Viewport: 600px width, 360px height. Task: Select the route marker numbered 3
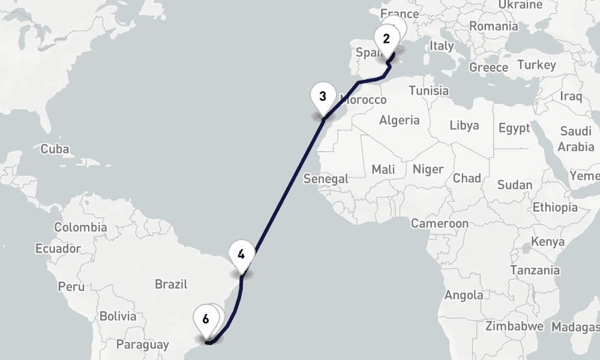pos(323,97)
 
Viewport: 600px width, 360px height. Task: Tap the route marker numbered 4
pos(241,254)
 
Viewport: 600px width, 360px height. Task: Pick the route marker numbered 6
pos(206,319)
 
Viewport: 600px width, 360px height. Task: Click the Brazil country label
pos(171,284)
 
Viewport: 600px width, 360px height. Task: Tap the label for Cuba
pos(55,149)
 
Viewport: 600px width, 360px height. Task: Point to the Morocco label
pos(363,100)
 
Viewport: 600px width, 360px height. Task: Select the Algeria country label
pos(399,120)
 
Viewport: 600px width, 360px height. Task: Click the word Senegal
pos(326,179)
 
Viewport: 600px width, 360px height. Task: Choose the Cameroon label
pos(439,224)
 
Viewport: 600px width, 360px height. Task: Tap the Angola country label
pos(463,295)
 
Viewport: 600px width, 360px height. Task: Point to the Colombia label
pos(80,227)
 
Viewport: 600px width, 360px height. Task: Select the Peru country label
pos(71,286)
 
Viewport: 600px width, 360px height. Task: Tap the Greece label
pos(488,67)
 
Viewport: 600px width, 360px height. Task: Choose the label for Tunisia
pos(428,91)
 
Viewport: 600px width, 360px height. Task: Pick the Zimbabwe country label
pos(514,326)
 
